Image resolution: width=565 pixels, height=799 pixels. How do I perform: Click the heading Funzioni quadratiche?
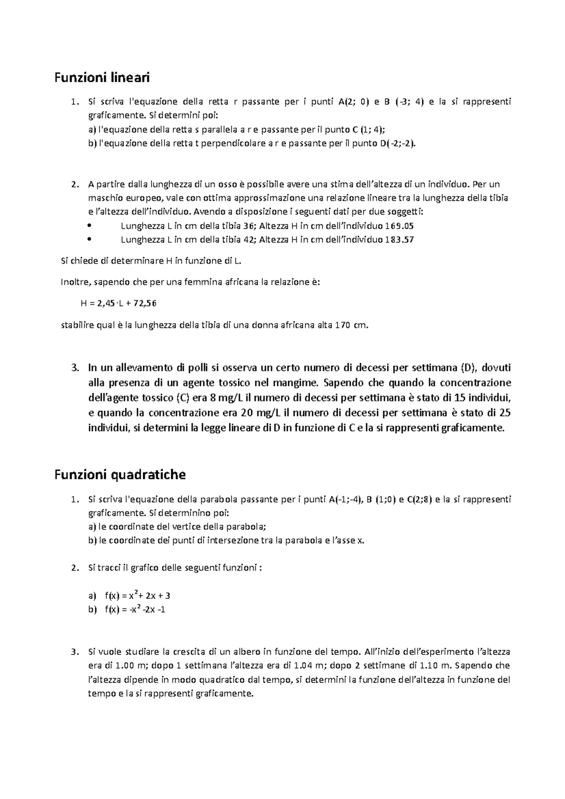[x=120, y=475]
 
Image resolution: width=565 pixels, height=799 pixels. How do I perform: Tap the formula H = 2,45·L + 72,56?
[x=119, y=304]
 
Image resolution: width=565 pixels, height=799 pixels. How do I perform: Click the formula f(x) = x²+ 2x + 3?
[x=137, y=596]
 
